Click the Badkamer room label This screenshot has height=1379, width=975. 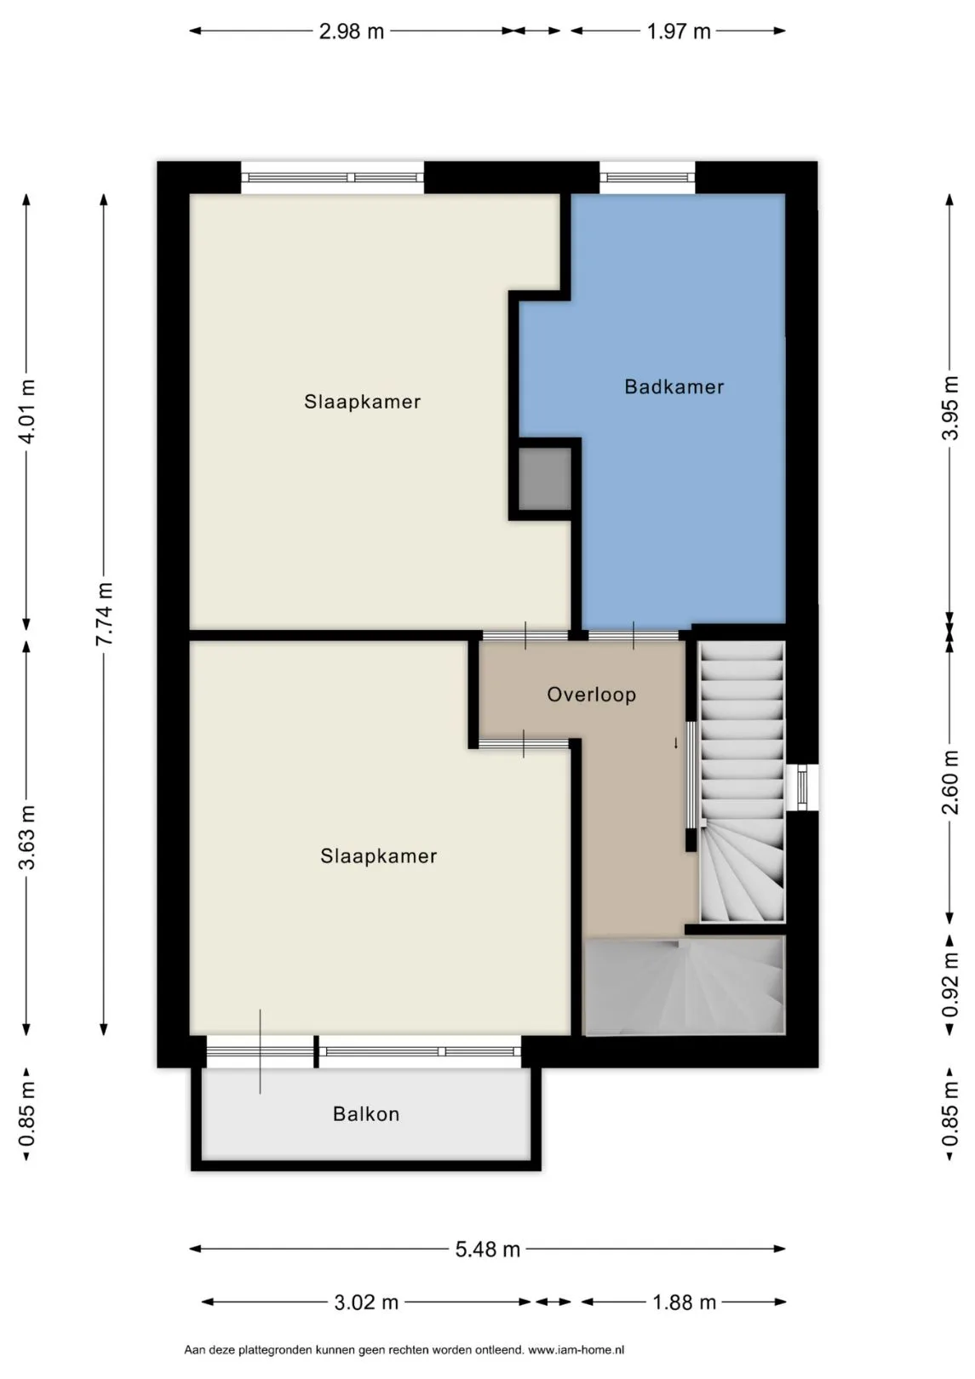[x=674, y=386]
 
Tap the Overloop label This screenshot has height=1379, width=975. [x=591, y=695]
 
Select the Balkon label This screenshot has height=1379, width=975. [x=366, y=1114]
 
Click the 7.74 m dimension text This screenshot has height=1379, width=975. [x=104, y=614]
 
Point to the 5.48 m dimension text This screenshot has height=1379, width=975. [x=488, y=1250]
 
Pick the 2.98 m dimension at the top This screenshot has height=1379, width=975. [x=351, y=31]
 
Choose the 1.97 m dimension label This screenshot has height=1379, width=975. [x=678, y=31]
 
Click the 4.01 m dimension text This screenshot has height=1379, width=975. [x=26, y=411]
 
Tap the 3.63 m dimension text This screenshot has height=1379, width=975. [x=26, y=838]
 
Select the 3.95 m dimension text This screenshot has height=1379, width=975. [x=949, y=408]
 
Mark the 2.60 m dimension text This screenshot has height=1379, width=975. [x=949, y=781]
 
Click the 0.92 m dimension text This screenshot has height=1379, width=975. [x=949, y=984]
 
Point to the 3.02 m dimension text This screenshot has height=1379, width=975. [x=366, y=1302]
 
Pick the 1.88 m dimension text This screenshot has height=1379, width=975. [x=684, y=1302]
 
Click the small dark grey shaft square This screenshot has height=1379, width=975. [x=544, y=479]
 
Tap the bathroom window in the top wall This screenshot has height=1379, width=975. [x=647, y=177]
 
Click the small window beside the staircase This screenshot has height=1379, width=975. [x=802, y=787]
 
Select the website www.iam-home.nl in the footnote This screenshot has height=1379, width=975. [x=576, y=1350]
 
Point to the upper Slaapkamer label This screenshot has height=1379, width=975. [x=362, y=402]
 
